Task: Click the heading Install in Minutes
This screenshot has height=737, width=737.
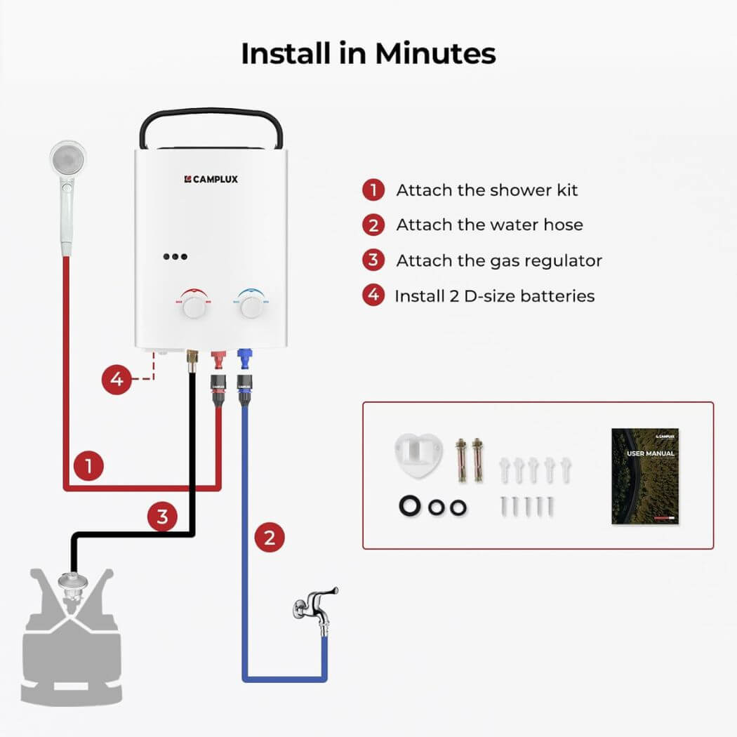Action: click(x=368, y=53)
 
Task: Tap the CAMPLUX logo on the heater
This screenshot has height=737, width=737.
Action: click(x=211, y=179)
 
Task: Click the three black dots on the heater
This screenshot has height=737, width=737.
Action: click(x=175, y=257)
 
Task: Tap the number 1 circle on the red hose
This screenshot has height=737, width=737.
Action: click(x=88, y=465)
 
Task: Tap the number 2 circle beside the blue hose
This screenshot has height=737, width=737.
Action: click(x=269, y=538)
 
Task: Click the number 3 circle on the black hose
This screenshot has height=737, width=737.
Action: click(x=162, y=518)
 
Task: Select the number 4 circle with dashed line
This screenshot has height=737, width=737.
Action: click(x=117, y=380)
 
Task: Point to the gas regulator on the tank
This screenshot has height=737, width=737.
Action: click(x=70, y=583)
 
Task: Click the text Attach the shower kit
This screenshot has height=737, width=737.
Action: click(x=486, y=190)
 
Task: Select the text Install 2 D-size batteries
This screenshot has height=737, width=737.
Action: click(x=494, y=296)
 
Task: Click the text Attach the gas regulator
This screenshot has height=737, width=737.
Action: click(x=499, y=260)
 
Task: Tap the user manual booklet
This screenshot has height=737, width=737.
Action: click(x=644, y=477)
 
